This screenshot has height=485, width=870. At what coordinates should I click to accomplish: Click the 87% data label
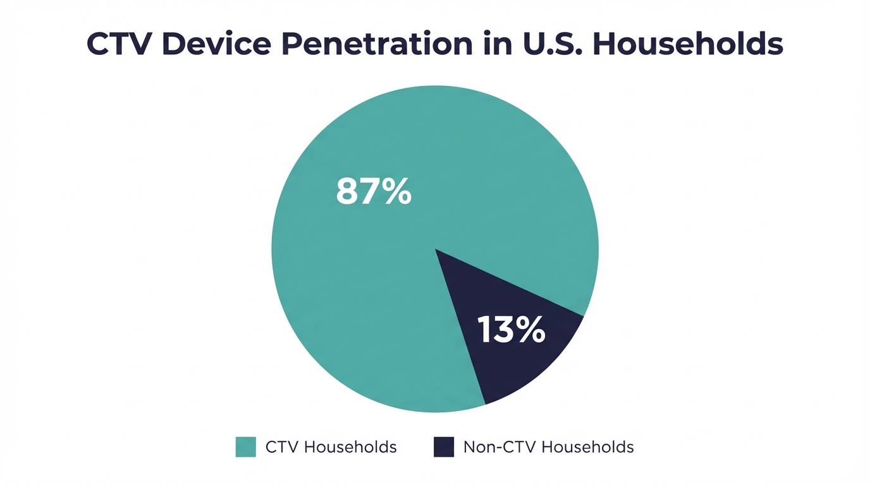click(374, 191)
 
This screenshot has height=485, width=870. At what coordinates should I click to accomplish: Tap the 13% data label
click(512, 330)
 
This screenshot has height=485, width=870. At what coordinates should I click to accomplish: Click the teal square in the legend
click(246, 447)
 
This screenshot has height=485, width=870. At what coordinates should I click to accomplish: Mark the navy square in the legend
click(444, 447)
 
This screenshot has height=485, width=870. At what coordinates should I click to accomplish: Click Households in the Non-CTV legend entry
click(588, 447)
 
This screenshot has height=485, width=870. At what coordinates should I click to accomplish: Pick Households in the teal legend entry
click(350, 447)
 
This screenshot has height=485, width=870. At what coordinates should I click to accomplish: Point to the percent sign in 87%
click(397, 191)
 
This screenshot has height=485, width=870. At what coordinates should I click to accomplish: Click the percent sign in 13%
click(531, 330)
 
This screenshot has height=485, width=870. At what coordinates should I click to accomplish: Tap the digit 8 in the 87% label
click(348, 191)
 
